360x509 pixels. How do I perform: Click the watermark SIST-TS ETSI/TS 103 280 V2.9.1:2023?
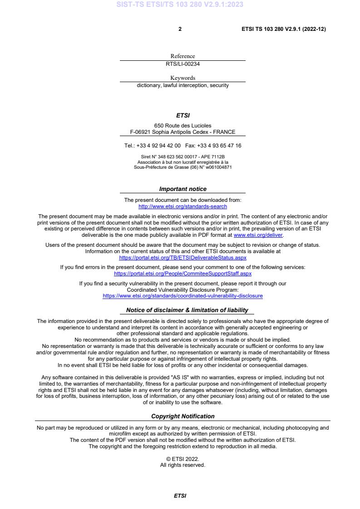(180, 5)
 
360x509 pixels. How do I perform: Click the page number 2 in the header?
(180, 29)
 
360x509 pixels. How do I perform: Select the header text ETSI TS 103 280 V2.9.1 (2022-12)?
(283, 29)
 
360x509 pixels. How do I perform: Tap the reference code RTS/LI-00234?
(182, 64)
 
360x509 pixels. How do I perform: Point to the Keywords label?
(182, 78)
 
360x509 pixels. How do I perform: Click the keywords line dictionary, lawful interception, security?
(182, 85)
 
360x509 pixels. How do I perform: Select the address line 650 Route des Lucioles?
(182, 126)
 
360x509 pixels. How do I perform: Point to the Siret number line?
(182, 157)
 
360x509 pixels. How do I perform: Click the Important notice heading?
(182, 189)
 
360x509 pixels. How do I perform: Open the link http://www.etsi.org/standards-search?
(182, 206)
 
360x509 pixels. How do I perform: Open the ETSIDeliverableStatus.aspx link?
(182, 257)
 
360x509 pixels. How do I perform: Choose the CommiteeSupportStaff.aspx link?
(182, 274)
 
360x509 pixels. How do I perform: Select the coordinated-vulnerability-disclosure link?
(182, 296)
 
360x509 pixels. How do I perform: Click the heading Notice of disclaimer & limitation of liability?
(187, 310)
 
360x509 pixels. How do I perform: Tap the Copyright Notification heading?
(182, 416)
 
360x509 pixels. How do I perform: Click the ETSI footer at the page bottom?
(180, 496)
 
